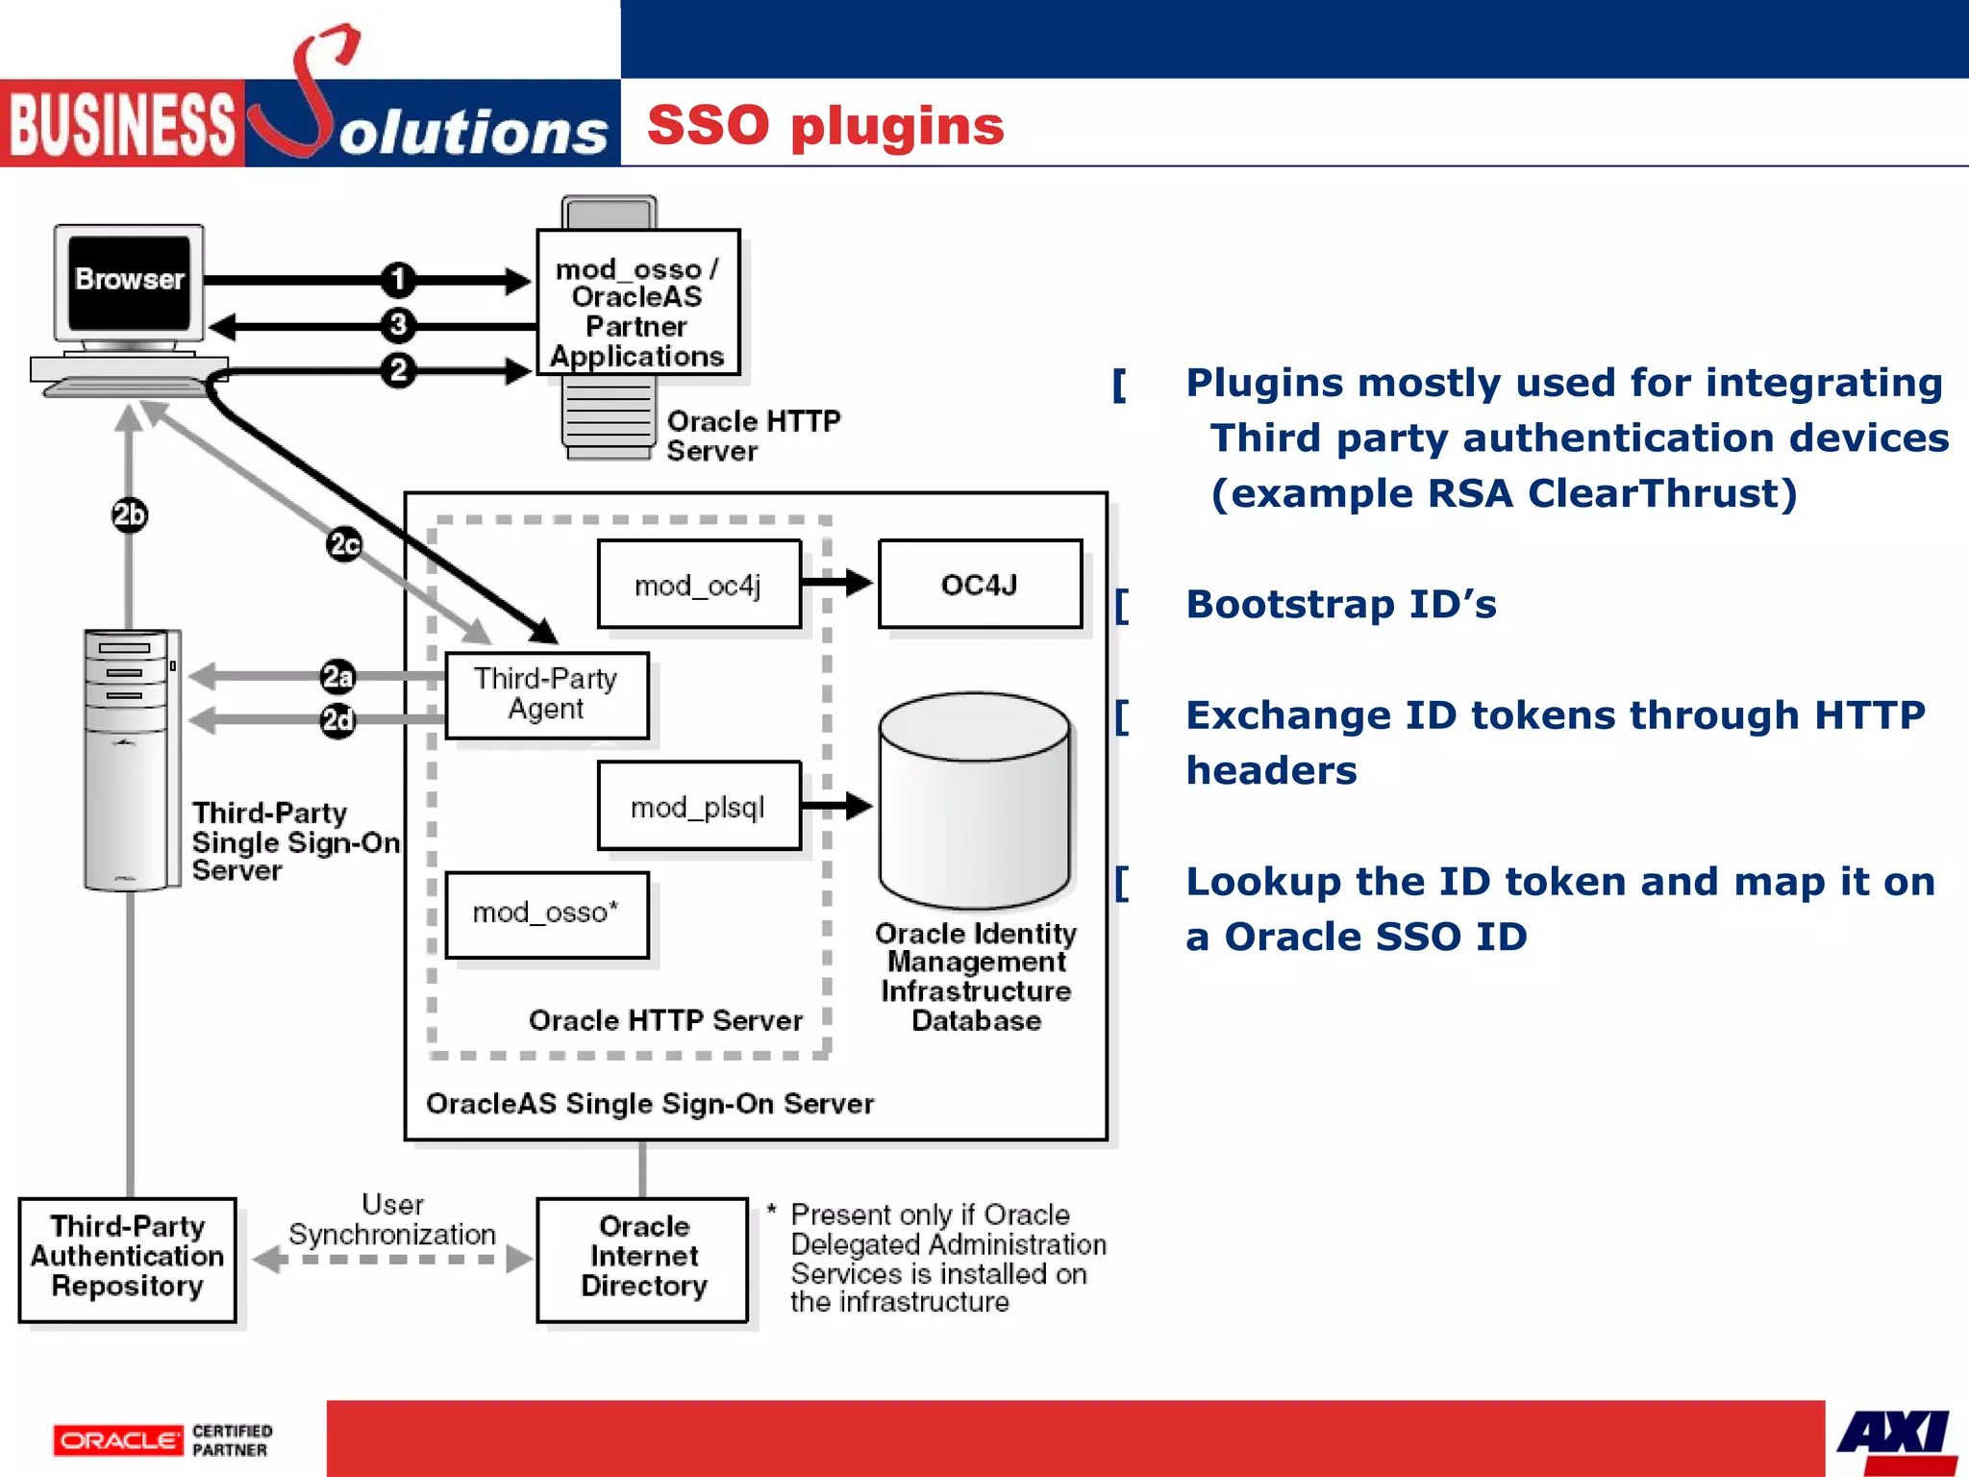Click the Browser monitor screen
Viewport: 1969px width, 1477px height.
click(129, 281)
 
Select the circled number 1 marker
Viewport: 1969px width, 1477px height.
click(397, 280)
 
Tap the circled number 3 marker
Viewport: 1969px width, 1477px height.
click(397, 325)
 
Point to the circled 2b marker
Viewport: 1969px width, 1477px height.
click(129, 515)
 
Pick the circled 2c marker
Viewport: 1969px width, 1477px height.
click(344, 545)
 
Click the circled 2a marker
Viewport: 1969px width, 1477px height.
click(337, 677)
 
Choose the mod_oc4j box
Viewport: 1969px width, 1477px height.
click(699, 585)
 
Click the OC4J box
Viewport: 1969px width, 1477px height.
click(980, 585)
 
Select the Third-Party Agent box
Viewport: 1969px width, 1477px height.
click(546, 694)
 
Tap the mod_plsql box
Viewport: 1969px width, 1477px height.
click(699, 806)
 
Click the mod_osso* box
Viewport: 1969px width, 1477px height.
click(546, 914)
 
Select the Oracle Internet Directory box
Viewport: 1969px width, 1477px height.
click(642, 1258)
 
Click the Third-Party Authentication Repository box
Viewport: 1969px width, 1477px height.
click(127, 1258)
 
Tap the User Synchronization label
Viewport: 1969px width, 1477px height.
click(392, 1220)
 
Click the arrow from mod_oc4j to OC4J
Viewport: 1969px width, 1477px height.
click(836, 583)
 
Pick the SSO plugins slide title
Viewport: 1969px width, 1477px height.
click(825, 126)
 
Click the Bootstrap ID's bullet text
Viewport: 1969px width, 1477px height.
click(1340, 605)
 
